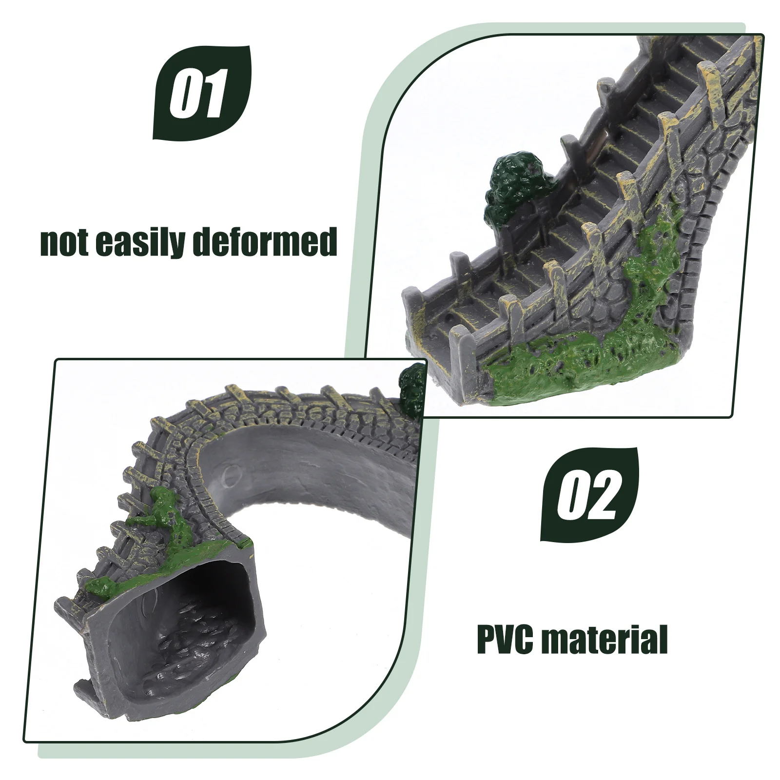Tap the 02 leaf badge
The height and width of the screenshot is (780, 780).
(589, 495)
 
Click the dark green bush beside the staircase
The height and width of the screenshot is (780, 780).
(512, 185)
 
